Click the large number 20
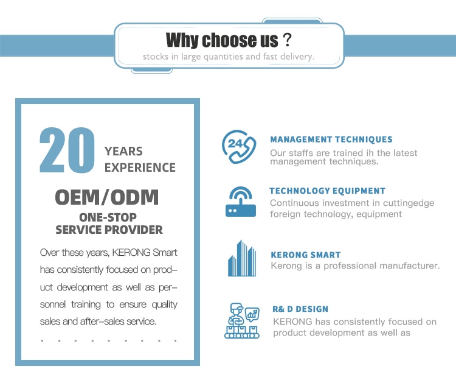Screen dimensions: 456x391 (67, 150)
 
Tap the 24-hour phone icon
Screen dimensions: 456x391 (239, 147)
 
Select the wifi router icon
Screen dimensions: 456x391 (241, 202)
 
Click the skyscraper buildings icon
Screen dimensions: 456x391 (241, 258)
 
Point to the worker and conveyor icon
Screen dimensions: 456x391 (241, 321)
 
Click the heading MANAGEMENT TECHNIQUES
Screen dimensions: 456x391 (331, 139)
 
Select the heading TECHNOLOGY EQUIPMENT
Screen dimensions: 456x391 (328, 191)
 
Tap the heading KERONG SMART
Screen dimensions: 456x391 (306, 255)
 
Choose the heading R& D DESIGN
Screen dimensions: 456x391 (300, 309)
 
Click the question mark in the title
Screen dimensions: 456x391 (287, 40)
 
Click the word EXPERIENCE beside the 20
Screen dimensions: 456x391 (140, 168)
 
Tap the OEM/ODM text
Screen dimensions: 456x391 (107, 197)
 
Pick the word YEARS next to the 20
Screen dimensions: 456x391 (123, 152)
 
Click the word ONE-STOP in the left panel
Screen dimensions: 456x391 (108, 217)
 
